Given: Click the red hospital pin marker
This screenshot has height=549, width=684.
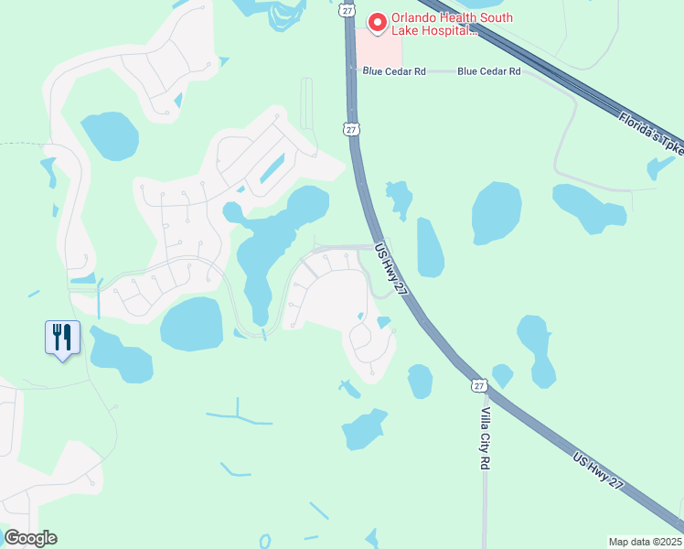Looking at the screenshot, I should coord(375,21).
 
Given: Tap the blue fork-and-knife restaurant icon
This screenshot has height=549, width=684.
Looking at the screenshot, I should coord(62,338).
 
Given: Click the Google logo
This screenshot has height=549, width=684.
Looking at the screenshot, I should coord(30,538).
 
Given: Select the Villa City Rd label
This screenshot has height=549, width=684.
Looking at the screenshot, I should coord(486,439).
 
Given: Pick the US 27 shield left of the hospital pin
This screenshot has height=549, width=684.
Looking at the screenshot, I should coord(345,9).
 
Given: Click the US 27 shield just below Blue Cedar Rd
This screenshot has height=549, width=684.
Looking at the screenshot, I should coord(352,130).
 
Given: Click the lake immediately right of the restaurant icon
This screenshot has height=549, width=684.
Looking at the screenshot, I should coord(121,355).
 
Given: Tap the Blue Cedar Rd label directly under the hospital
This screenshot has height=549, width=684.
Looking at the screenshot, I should coord(394,70).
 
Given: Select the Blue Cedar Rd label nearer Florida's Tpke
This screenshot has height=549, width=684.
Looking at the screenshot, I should coord(488,70).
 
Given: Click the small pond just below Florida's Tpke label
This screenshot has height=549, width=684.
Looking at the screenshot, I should coord(660,167).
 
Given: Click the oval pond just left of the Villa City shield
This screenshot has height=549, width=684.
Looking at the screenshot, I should coord(420,381).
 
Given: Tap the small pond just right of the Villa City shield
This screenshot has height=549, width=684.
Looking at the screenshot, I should coord(502,375).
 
